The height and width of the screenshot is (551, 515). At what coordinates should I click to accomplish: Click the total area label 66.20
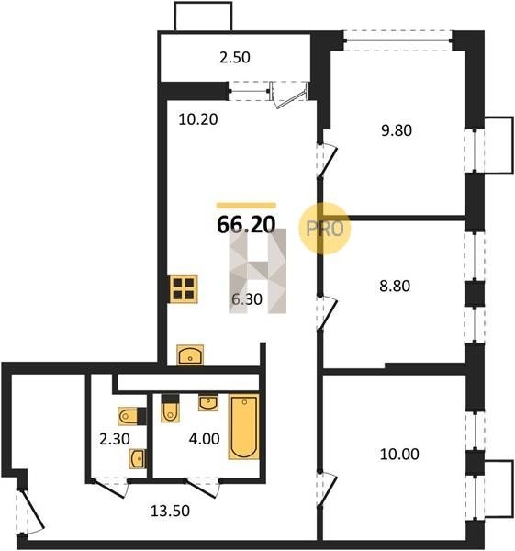(x=246, y=224)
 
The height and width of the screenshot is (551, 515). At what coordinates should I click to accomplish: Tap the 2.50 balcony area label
(x=235, y=57)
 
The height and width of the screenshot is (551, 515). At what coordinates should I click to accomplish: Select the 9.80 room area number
(x=397, y=130)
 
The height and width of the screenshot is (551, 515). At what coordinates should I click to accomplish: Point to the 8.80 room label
(x=395, y=286)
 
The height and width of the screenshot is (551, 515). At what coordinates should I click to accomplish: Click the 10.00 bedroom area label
(x=399, y=454)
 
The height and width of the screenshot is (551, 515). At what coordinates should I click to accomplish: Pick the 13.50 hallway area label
(x=170, y=511)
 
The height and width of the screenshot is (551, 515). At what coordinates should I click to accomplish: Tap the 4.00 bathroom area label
(x=204, y=439)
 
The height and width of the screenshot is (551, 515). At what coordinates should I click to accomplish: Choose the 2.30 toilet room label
(x=115, y=439)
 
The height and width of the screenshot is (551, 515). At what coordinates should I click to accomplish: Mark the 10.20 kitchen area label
(x=198, y=119)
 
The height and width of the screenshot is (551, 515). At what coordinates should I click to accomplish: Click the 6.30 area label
(x=247, y=299)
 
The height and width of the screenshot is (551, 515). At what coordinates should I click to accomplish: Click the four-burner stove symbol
(x=184, y=288)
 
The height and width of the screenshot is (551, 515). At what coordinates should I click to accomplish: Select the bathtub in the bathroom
(x=244, y=427)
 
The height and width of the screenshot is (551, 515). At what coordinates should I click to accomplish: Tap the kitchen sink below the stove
(x=190, y=355)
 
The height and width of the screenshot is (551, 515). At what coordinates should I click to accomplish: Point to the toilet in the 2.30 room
(x=132, y=416)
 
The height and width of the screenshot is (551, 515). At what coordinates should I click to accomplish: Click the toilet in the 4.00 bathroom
(x=170, y=408)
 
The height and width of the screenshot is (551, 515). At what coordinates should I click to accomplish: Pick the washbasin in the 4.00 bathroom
(x=208, y=403)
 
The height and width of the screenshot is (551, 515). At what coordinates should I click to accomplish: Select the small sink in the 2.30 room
(x=138, y=458)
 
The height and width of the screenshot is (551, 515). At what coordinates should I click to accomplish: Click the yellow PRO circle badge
(x=325, y=229)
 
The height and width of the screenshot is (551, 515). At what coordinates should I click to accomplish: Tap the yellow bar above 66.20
(x=246, y=206)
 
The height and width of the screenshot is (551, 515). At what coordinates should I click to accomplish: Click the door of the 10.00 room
(x=327, y=489)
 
